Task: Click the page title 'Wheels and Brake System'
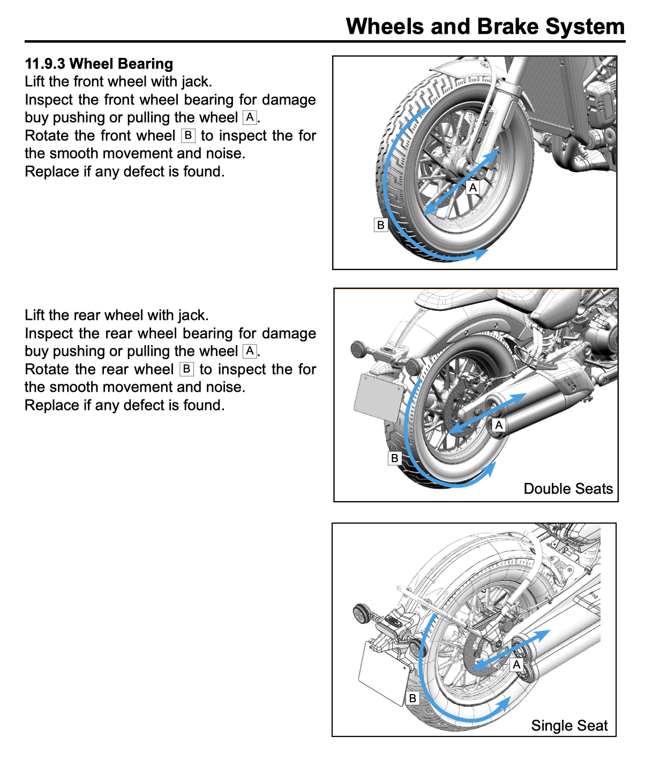click(485, 26)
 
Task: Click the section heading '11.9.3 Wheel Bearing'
click(99, 64)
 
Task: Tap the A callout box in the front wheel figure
click(472, 187)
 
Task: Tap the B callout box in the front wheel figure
click(380, 225)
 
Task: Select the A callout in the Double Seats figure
click(499, 425)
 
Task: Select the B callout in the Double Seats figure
click(395, 458)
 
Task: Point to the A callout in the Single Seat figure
click(516, 665)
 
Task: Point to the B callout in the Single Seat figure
click(412, 698)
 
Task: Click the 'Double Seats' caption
click(568, 489)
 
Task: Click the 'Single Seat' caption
click(569, 726)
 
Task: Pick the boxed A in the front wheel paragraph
click(250, 117)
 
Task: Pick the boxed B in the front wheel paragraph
click(188, 135)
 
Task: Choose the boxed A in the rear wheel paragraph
click(250, 351)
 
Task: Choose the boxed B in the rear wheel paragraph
click(186, 369)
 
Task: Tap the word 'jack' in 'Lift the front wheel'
click(195, 81)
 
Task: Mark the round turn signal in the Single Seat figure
click(364, 613)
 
